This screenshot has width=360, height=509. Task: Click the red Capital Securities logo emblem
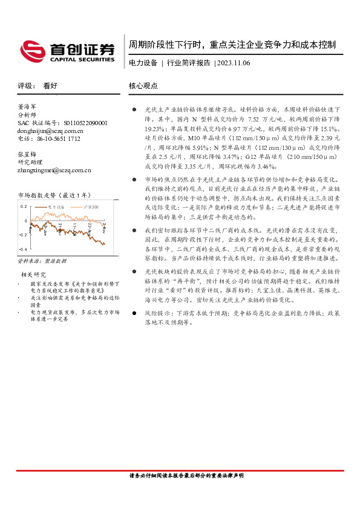click(x=31, y=50)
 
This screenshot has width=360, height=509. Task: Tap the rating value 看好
click(x=50, y=86)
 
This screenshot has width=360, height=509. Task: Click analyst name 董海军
click(x=28, y=106)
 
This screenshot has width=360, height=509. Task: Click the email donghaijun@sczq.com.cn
click(x=51, y=130)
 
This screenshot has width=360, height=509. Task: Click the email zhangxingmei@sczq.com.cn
click(x=54, y=170)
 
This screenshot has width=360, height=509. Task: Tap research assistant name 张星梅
click(x=28, y=154)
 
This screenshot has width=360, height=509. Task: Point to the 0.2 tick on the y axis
click(x=24, y=207)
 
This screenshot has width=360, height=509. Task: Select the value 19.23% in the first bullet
click(x=154, y=129)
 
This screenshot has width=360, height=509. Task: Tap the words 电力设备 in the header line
click(x=143, y=63)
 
